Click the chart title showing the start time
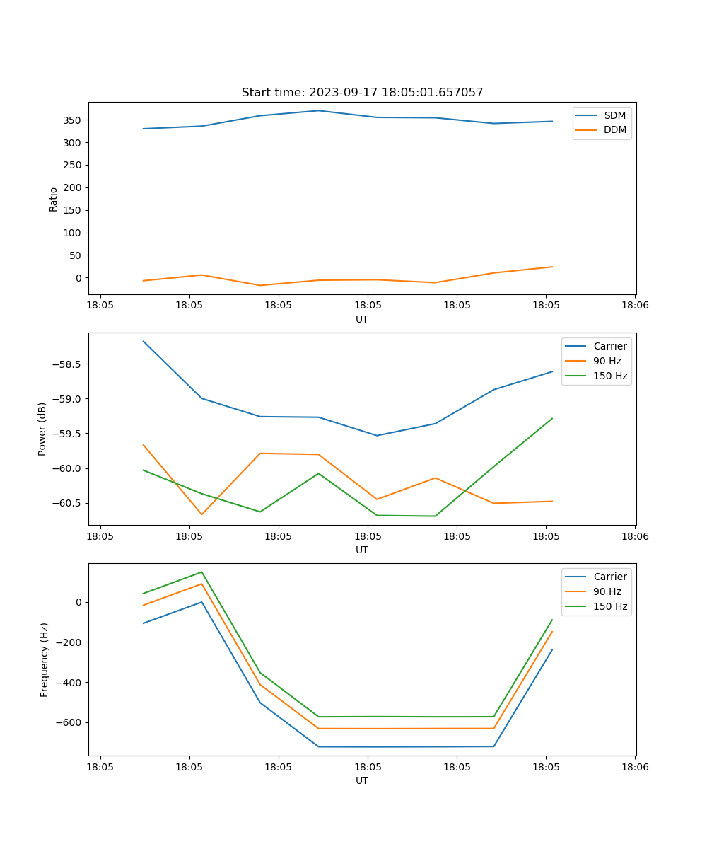[362, 93]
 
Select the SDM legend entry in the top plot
[614, 115]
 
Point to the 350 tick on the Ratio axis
[73, 120]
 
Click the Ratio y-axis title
[54, 199]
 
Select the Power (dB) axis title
[42, 429]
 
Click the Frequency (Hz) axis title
[44, 659]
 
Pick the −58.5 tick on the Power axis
[67, 364]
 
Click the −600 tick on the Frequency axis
[70, 722]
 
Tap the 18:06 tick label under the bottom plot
[634, 767]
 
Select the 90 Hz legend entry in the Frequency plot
[607, 591]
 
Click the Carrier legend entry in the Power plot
[609, 346]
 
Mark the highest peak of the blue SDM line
[318, 110]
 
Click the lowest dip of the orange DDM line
[260, 285]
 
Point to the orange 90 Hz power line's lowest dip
[201, 514]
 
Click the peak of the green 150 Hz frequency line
[201, 572]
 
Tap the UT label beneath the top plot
[362, 319]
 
